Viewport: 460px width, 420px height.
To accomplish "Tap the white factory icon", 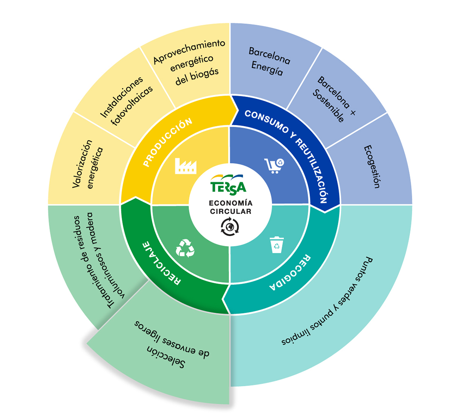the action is click(185, 166).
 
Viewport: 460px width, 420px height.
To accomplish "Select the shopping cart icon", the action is click(274, 165).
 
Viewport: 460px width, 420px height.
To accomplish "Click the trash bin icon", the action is click(277, 245).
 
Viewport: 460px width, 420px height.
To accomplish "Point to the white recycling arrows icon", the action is click(185, 248).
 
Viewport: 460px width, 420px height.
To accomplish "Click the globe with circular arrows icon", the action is click(230, 227).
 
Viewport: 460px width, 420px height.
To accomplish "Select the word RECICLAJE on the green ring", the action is click(161, 263).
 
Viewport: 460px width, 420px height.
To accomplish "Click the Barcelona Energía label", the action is click(269, 61).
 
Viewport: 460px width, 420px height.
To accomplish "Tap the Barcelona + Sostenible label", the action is click(333, 99).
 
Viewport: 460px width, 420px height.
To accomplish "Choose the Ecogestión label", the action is click(372, 166).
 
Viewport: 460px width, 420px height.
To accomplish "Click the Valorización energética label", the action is click(88, 164).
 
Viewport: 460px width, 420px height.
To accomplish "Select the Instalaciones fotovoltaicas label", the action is click(127, 101).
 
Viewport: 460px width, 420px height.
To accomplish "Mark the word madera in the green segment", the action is click(91, 228).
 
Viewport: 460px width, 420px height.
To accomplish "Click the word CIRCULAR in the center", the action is click(230, 211).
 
